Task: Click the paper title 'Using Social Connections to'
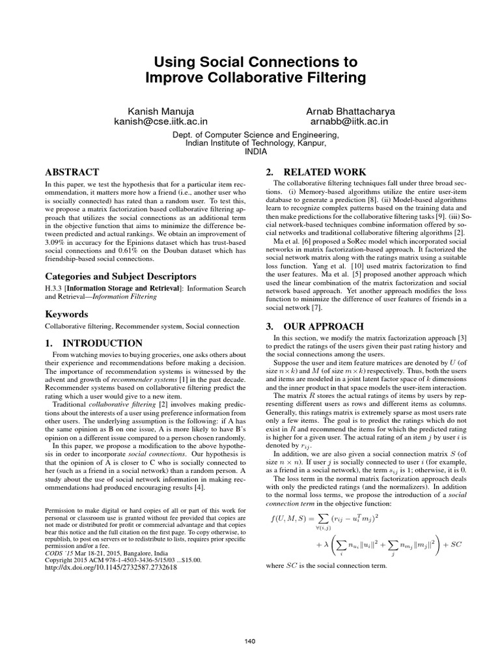pos(250,63)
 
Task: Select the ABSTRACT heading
pos(71,173)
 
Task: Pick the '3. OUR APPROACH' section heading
pos(315,326)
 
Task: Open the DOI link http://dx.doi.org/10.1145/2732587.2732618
pos(110,567)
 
